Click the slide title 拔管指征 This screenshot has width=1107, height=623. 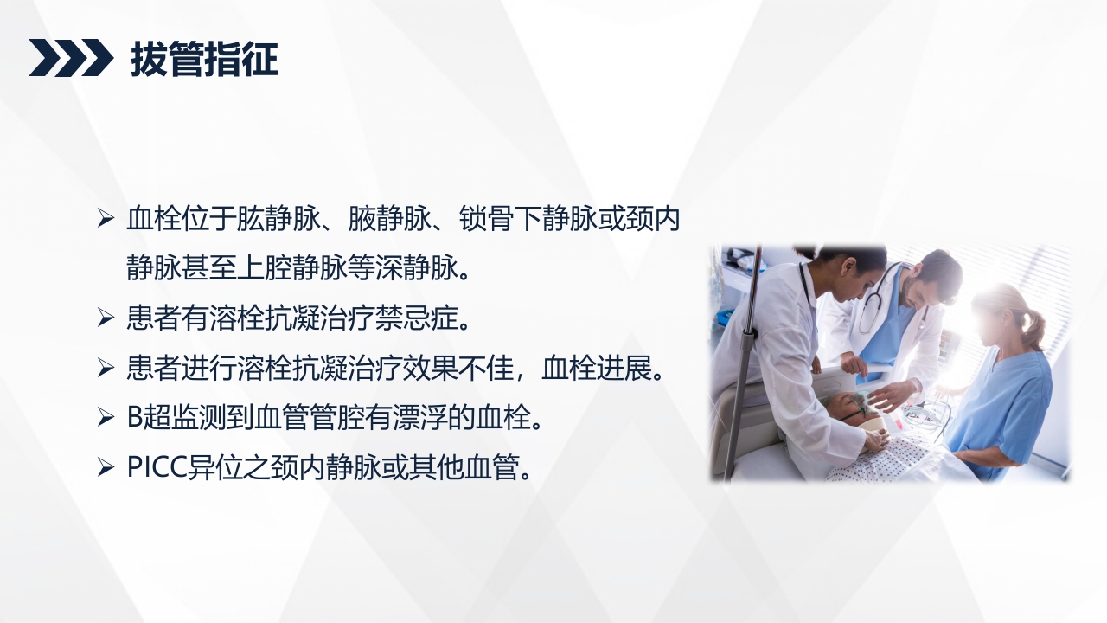pos(204,60)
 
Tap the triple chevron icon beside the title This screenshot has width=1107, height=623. pos(71,58)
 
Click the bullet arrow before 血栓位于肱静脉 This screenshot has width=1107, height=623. pos(106,219)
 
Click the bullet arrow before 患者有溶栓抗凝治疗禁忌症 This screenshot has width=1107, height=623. pos(106,318)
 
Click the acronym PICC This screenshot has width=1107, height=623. pos(155,467)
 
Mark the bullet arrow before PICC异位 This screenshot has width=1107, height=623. pos(106,467)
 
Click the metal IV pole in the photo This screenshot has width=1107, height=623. pos(746,363)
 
